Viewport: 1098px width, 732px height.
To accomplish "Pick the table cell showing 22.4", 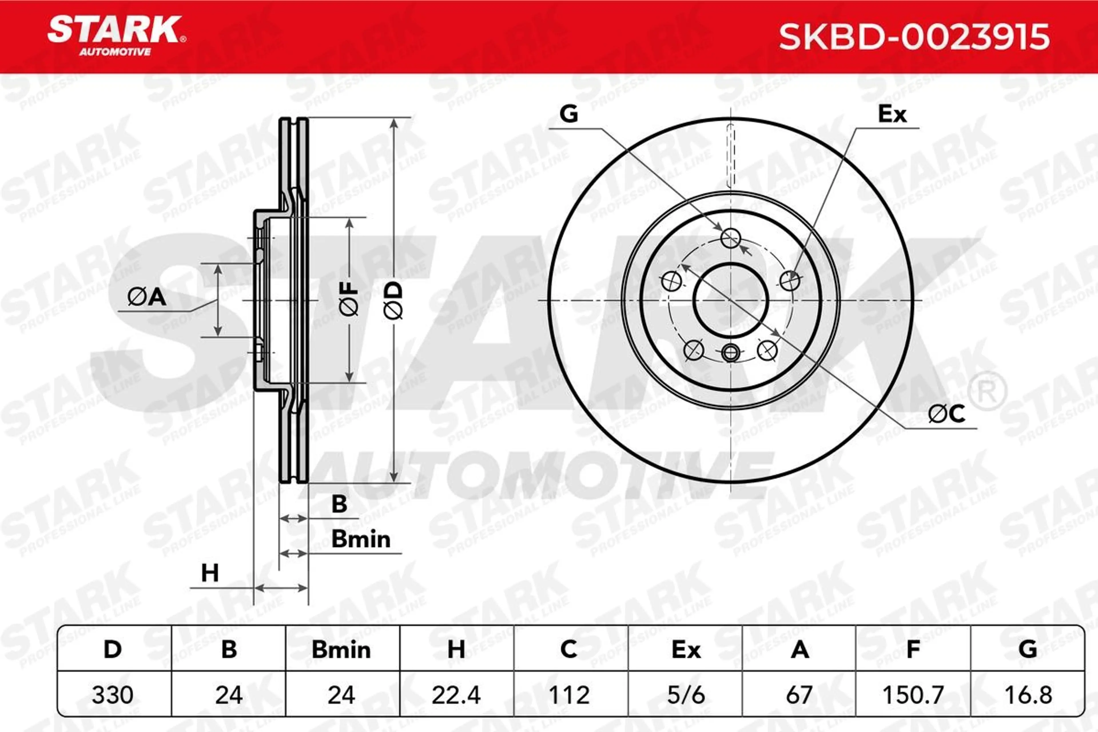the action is coord(457,695).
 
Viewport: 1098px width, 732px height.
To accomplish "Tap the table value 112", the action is coord(569,695).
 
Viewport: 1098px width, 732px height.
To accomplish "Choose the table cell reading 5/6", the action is coord(685,695).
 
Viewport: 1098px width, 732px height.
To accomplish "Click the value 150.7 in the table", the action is coord(913,695).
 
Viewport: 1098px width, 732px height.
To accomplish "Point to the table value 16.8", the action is coord(1027,695).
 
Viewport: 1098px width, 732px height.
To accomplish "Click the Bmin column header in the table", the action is coord(341,649).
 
